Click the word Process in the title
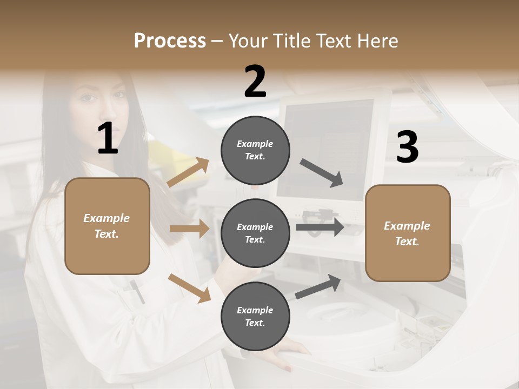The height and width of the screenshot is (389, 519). click(x=170, y=41)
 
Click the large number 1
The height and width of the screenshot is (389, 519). click(x=108, y=139)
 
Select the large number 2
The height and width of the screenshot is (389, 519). click(x=255, y=82)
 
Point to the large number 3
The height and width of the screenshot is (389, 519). click(x=407, y=147)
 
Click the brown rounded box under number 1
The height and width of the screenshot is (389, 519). click(x=107, y=226)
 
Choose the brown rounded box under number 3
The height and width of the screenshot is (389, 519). click(x=408, y=233)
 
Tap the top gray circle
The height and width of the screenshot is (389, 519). click(x=255, y=150)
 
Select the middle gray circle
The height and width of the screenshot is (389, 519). click(x=255, y=233)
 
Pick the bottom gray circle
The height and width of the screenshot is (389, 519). click(x=255, y=316)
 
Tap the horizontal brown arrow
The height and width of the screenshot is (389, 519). click(x=189, y=229)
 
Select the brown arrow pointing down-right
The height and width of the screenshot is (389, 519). click(x=189, y=287)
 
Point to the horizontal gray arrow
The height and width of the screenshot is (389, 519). click(x=320, y=227)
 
